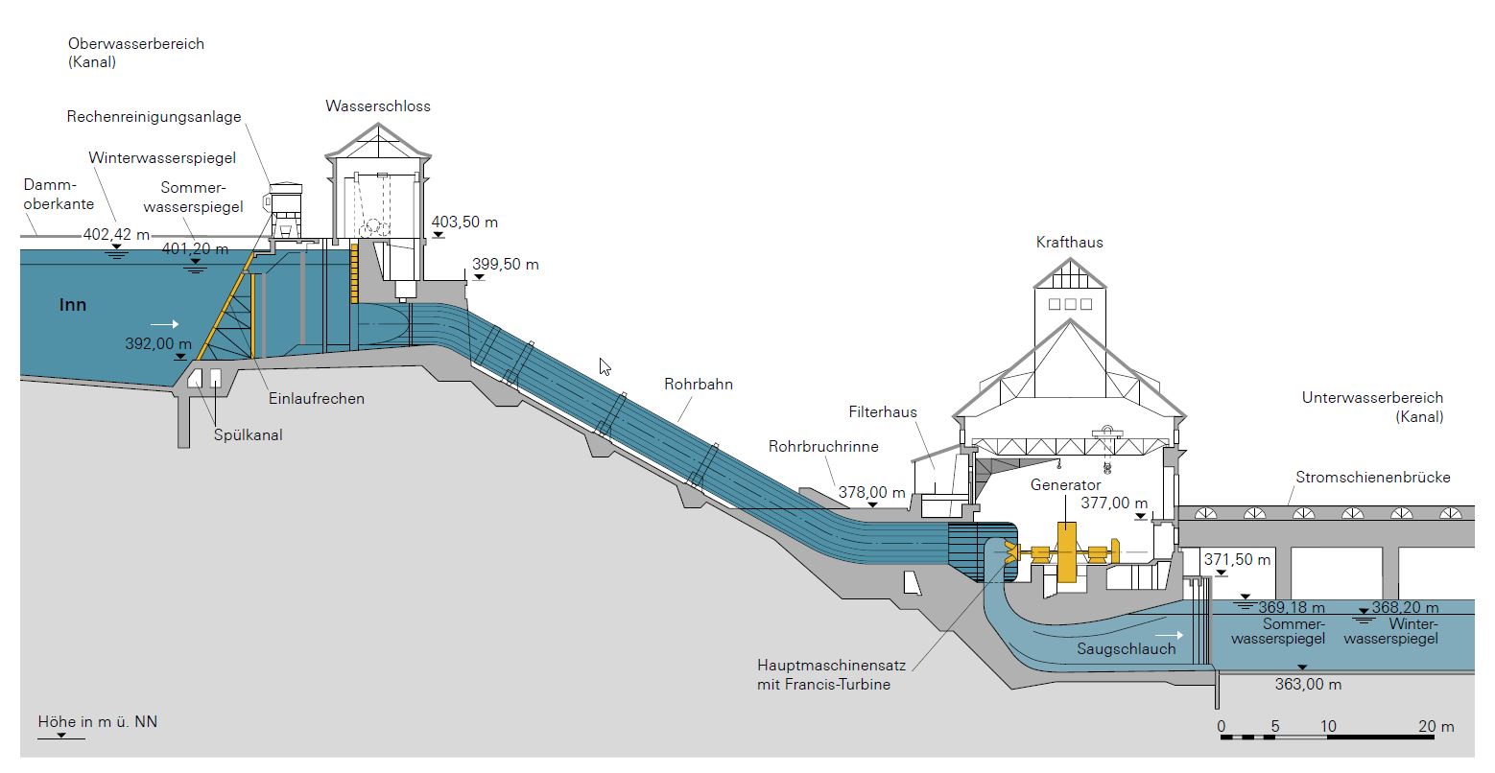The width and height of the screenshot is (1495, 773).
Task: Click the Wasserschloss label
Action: pos(378,105)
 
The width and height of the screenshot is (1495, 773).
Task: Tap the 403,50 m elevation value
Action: pos(465,223)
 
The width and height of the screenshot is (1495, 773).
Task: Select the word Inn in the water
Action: pos(73,305)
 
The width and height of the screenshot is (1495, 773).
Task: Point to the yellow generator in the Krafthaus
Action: pos(1066,553)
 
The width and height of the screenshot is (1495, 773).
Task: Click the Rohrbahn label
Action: pos(699,385)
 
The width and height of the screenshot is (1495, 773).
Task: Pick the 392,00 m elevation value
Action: pos(158,343)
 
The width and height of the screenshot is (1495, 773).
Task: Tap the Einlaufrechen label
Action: pos(317,398)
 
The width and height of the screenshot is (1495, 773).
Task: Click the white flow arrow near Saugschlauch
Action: pos(1170,634)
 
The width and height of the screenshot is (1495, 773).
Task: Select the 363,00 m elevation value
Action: pos(1308,685)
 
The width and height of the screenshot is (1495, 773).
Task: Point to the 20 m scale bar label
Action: pos(1436,726)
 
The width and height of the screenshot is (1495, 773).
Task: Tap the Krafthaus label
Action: pos(1069,242)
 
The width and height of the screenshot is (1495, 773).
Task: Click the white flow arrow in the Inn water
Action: pos(164,324)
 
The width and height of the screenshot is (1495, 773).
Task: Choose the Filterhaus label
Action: pos(883,412)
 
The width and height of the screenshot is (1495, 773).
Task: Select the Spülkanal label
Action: pos(249,435)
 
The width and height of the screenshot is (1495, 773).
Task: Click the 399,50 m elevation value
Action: pos(506,265)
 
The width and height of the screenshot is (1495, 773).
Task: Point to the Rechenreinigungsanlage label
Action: pos(154,117)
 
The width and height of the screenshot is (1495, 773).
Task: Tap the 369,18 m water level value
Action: pos(1292,607)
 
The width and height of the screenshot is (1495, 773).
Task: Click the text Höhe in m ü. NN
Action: pos(97,721)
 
